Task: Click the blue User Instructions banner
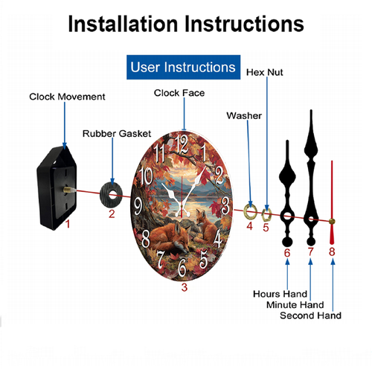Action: (x=183, y=67)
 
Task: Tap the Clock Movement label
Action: (x=67, y=97)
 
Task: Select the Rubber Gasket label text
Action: (x=117, y=134)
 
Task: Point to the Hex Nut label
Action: (x=264, y=72)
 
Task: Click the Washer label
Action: (x=244, y=115)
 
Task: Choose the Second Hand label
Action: (x=310, y=315)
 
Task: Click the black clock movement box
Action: (x=57, y=188)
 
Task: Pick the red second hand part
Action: (x=332, y=202)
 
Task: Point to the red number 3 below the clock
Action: (x=185, y=287)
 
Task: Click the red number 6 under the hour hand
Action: (x=287, y=253)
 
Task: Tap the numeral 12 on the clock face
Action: (x=182, y=144)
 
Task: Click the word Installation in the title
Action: (x=124, y=24)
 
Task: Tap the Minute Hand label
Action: (x=295, y=304)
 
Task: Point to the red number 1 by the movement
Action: (x=68, y=224)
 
